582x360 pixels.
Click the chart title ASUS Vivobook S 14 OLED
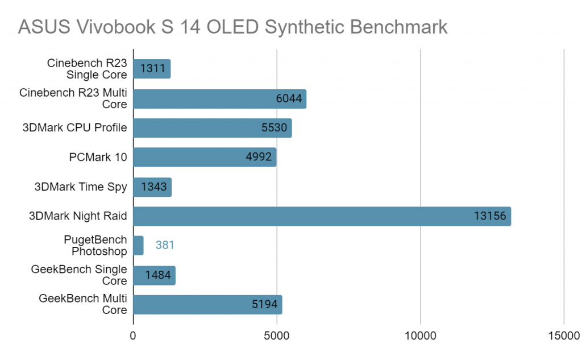coord(233,27)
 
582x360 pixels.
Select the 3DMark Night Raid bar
coord(322,216)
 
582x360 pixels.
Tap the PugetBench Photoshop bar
coord(138,246)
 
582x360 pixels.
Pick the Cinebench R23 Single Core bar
coord(152,69)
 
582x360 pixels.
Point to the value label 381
coord(164,246)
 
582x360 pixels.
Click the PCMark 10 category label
coord(98,158)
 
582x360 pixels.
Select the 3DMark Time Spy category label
coord(81,187)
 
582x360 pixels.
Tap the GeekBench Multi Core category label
coord(83,304)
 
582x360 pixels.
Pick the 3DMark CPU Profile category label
coord(74,128)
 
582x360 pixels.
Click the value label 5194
coord(264,305)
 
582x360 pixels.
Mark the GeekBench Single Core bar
coord(154,275)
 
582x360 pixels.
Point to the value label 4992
coord(259,158)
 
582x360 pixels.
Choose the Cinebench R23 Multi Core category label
coord(73,98)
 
